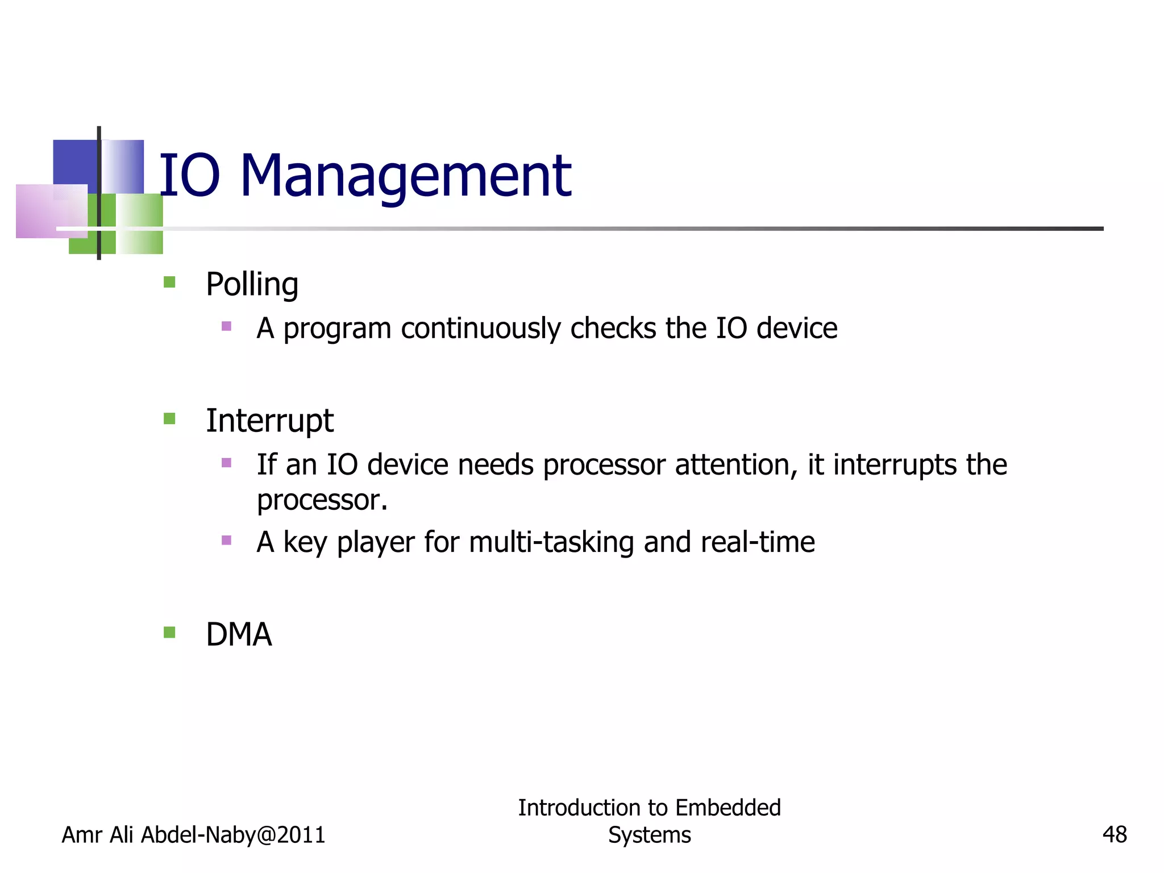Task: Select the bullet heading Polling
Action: [x=252, y=285]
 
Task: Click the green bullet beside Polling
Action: [x=169, y=282]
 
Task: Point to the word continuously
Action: [x=480, y=329]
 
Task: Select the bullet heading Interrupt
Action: [x=269, y=421]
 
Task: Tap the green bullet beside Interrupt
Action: [x=169, y=419]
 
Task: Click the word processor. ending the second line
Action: [x=322, y=501]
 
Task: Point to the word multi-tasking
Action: [x=551, y=542]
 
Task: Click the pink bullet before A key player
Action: [x=226, y=540]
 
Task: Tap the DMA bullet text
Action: [x=239, y=635]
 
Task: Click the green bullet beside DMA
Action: [x=169, y=633]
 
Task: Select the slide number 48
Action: [x=1114, y=835]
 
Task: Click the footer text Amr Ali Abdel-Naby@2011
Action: [x=193, y=835]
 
